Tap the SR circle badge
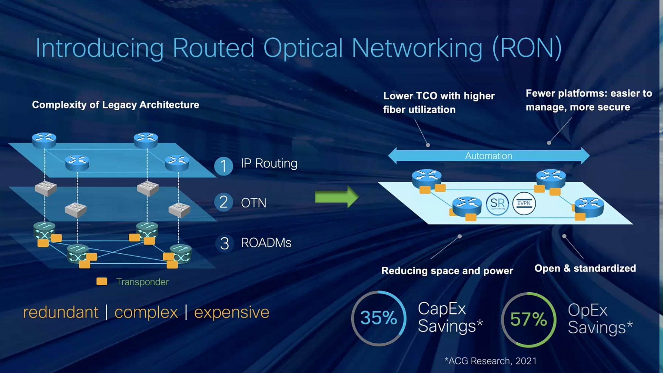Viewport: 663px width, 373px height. coord(497,204)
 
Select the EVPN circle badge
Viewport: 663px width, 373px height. coord(524,204)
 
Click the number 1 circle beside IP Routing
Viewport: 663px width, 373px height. coord(223,166)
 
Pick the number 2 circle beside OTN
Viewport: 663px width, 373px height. coord(223,202)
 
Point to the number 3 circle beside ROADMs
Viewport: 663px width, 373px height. coord(224,243)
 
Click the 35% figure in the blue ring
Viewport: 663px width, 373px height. coord(378,318)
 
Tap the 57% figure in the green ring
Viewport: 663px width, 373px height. coord(528,319)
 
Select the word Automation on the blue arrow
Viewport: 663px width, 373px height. coord(488,156)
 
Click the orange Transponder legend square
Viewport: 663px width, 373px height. coord(102,282)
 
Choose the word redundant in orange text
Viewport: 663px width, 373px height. coord(61,312)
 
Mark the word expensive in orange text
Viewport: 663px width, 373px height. coord(231,312)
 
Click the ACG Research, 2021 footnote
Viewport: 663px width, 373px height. coord(491,361)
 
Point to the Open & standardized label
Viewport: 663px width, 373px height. coord(585,268)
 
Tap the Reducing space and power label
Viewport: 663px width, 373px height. coord(447,271)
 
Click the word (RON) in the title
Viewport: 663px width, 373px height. coord(527,48)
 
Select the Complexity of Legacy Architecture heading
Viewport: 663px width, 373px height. coord(115,105)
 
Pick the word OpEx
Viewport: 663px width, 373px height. coord(588,310)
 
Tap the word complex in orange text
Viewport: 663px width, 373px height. coord(146,312)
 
